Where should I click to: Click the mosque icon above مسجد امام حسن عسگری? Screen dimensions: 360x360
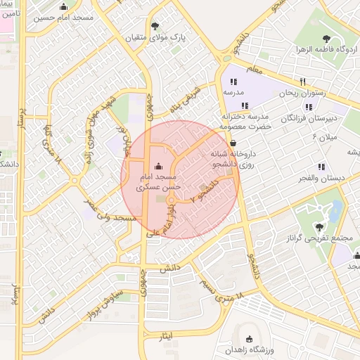157,166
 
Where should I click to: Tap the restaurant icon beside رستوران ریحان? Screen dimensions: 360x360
303,82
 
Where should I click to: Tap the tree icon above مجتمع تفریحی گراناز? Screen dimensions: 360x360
320,226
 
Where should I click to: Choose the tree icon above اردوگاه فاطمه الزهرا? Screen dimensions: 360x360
326,39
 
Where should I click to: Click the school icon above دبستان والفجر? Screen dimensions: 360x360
321,167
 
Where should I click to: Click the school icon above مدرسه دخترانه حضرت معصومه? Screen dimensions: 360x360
244,105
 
